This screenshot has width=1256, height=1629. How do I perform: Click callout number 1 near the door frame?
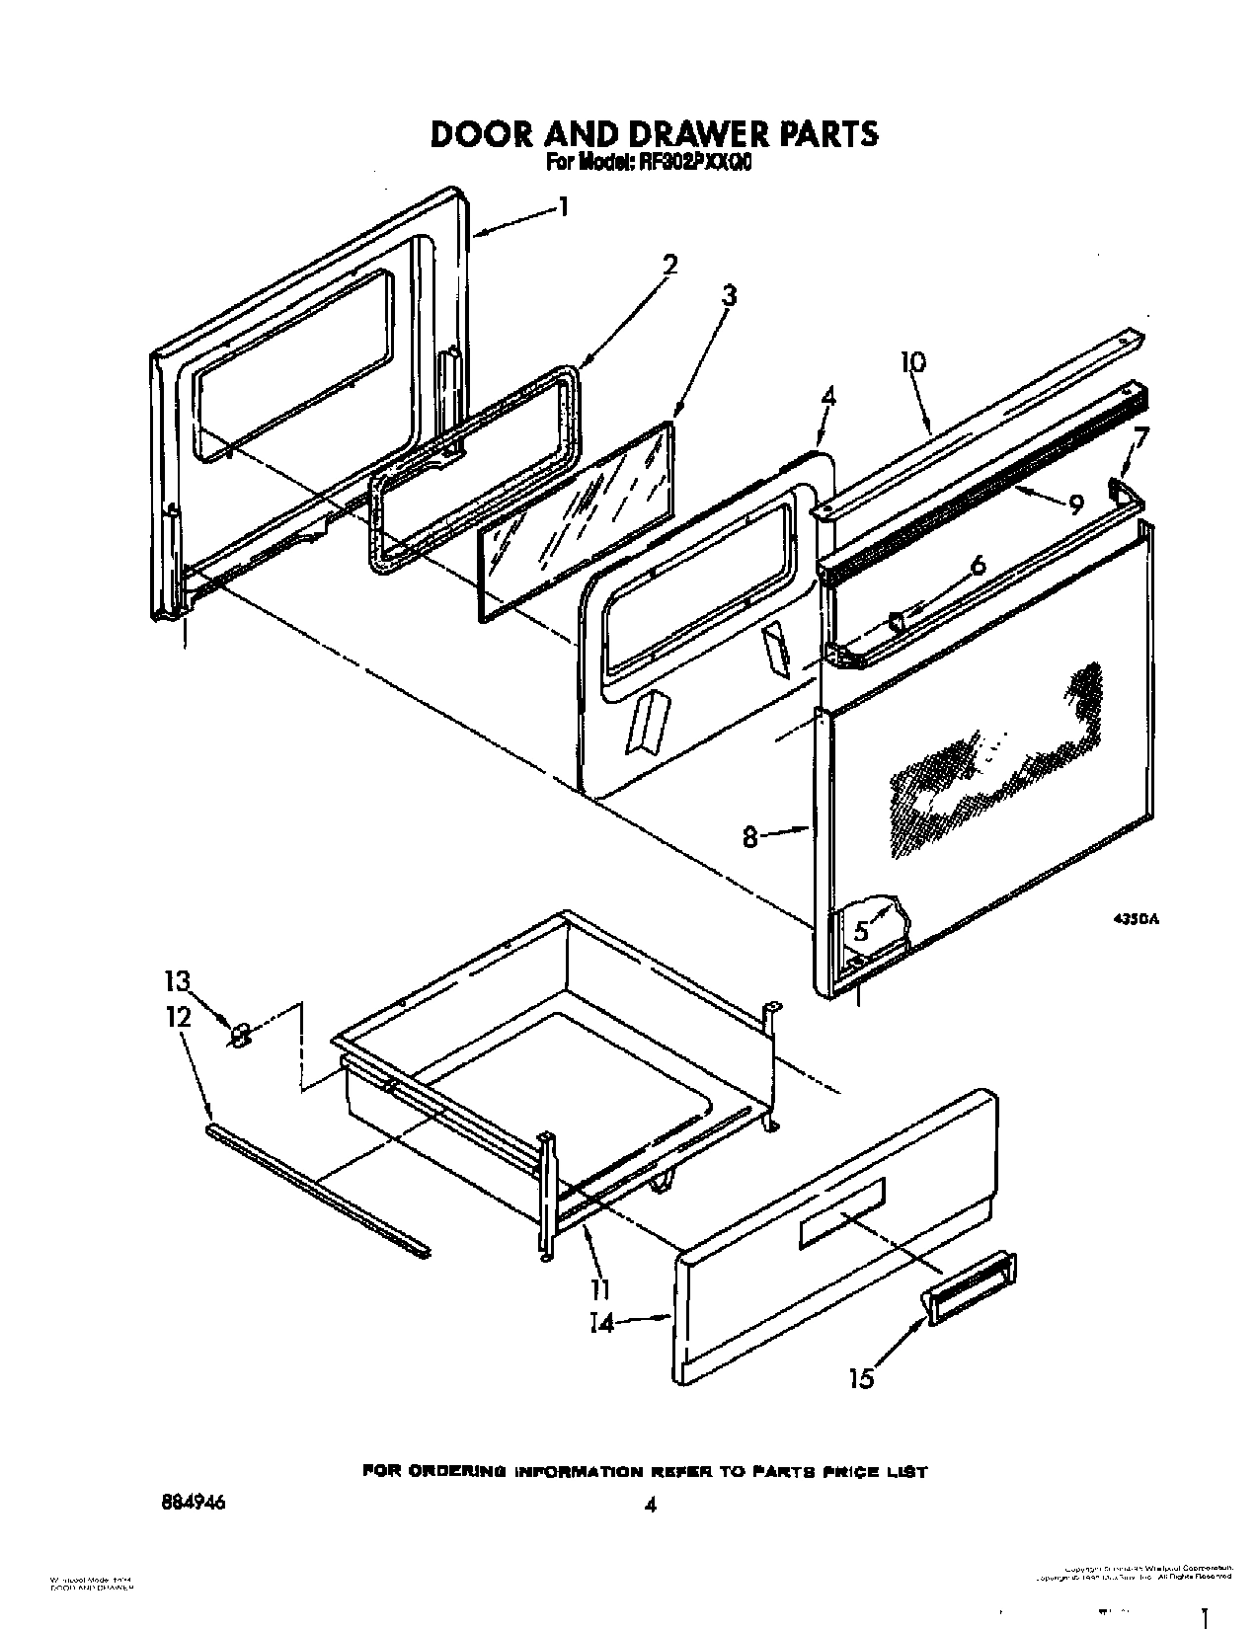[563, 206]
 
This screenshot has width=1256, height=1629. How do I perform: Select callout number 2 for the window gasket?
[669, 265]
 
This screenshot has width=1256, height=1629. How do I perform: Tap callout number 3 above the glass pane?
[729, 294]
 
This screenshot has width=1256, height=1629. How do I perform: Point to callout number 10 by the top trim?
[912, 362]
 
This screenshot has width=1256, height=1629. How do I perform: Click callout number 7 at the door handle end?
[1140, 435]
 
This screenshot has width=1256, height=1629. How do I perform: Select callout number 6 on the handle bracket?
[978, 565]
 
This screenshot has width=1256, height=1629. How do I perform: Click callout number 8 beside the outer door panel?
[750, 836]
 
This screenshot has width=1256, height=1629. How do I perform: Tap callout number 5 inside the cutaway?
[861, 930]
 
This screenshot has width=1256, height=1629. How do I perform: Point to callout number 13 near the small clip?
[177, 981]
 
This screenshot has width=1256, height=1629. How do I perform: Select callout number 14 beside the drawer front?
[601, 1323]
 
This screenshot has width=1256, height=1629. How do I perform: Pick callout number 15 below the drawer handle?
[862, 1378]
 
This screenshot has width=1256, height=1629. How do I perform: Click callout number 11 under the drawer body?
[599, 1289]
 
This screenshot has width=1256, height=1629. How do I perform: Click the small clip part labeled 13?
[239, 1035]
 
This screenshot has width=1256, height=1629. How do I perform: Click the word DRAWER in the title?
[681, 132]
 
